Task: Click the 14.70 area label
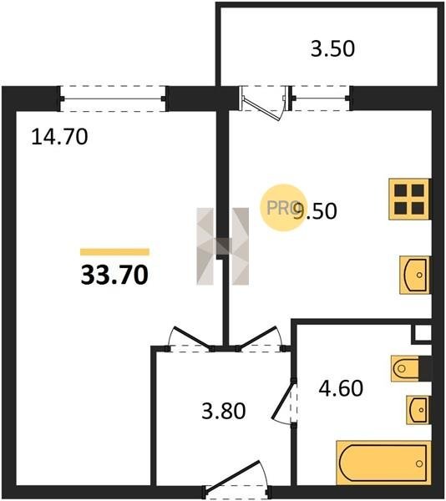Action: [x=59, y=137]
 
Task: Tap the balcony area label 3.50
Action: [x=332, y=49]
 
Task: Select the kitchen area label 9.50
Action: [x=315, y=211]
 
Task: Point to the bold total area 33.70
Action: [x=114, y=275]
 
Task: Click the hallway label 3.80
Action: [x=224, y=411]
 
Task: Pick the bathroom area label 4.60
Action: [x=341, y=388]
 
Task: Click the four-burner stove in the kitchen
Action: [x=410, y=200]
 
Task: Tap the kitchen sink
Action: [x=415, y=275]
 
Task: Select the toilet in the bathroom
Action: [x=405, y=369]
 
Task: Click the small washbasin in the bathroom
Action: [x=418, y=410]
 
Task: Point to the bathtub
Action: [x=383, y=463]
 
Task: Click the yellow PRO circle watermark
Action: [x=283, y=208]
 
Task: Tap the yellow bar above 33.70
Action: [x=114, y=252]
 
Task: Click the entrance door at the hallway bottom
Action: [x=237, y=480]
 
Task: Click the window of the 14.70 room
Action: [x=113, y=99]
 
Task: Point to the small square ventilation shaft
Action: [x=423, y=333]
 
